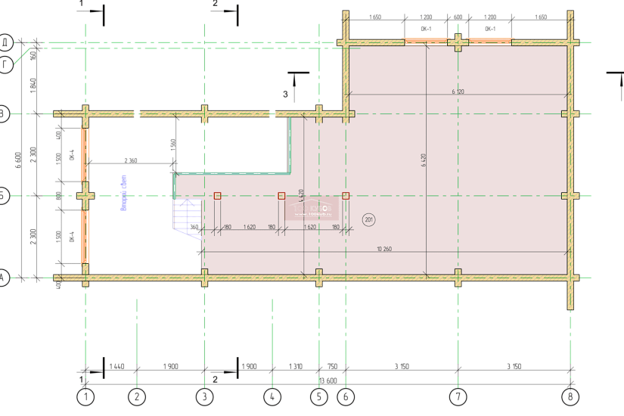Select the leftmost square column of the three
click(218, 196)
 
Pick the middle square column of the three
click(282, 196)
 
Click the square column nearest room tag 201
click(346, 196)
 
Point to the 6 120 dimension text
click(458, 92)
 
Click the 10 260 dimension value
click(383, 249)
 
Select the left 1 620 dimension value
click(250, 227)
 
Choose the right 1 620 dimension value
click(309, 227)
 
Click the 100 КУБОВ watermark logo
click(310, 206)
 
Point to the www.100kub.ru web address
click(310, 213)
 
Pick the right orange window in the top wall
click(490, 39)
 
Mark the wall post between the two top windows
click(458, 41)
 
